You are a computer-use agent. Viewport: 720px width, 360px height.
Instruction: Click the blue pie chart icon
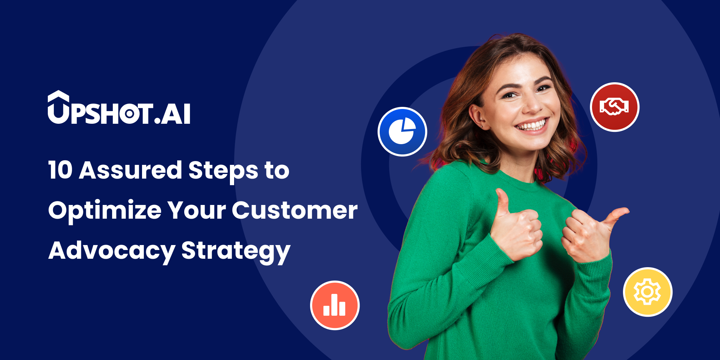(402, 131)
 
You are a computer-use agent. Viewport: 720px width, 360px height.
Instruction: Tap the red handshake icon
(615, 107)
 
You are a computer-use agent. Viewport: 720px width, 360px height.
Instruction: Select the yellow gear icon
(648, 292)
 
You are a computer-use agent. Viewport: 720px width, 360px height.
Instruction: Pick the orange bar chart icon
(335, 305)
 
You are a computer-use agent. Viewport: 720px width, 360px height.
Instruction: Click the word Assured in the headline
(130, 170)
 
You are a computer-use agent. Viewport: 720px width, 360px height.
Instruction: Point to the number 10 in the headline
(60, 170)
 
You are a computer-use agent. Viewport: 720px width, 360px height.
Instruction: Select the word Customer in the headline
(295, 211)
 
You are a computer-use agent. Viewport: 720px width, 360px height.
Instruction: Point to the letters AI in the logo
(176, 114)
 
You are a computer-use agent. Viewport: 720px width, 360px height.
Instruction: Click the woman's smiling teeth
(532, 126)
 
